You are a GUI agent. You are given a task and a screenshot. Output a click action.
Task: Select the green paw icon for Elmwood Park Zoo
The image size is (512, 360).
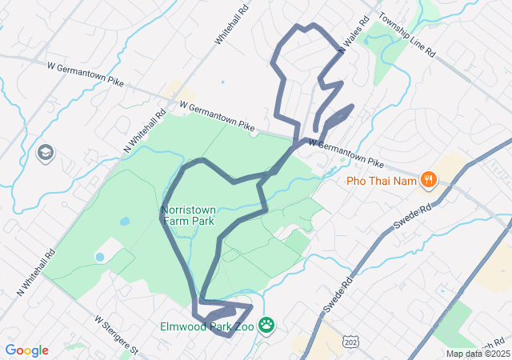click(x=266, y=326)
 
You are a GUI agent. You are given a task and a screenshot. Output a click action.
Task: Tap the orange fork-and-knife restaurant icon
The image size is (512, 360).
click(x=429, y=179)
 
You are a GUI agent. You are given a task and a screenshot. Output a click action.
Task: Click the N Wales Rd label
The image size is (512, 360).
click(x=352, y=36)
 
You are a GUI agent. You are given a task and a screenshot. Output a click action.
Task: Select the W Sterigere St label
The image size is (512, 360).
click(x=117, y=334)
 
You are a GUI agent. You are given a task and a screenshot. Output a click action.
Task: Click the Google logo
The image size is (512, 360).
click(x=26, y=350)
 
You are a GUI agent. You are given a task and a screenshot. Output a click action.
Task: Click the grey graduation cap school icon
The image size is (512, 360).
click(x=46, y=152)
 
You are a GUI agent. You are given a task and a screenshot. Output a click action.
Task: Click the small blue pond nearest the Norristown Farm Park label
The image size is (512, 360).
click(x=124, y=221)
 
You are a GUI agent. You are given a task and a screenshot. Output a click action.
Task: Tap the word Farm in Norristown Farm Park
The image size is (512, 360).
click(x=172, y=222)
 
